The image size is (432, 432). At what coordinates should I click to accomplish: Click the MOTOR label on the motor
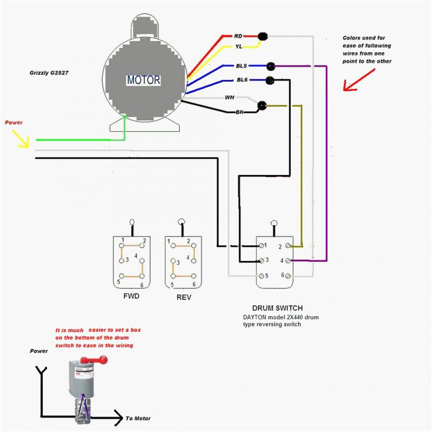pyautogui.click(x=143, y=80)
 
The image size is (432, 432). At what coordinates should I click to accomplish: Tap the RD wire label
pyautogui.click(x=238, y=36)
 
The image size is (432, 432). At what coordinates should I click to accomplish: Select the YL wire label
pyautogui.click(x=239, y=46)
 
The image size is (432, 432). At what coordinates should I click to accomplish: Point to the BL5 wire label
pyautogui.click(x=241, y=66)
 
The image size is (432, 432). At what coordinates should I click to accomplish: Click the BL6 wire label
pyautogui.click(x=242, y=79)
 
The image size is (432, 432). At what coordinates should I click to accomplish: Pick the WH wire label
pyautogui.click(x=230, y=97)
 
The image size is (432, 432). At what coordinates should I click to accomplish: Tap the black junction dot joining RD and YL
pyautogui.click(x=262, y=36)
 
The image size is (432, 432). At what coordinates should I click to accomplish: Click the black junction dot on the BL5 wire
pyautogui.click(x=271, y=66)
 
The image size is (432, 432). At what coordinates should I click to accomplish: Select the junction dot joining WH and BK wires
pyautogui.click(x=262, y=105)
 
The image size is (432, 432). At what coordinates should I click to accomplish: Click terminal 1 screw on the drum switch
pyautogui.click(x=261, y=245)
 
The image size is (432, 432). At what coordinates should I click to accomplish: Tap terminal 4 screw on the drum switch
pyautogui.click(x=288, y=260)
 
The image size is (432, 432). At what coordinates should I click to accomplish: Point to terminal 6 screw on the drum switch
pyautogui.click(x=288, y=276)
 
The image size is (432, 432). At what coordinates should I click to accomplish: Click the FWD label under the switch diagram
pyautogui.click(x=131, y=296)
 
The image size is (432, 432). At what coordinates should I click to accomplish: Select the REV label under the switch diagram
pyautogui.click(x=184, y=298)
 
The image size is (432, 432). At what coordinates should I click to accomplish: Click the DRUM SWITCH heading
pyautogui.click(x=278, y=308)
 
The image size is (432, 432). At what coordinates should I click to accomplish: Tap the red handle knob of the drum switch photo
pyautogui.click(x=104, y=360)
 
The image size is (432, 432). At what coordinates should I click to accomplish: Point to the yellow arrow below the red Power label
pyautogui.click(x=21, y=139)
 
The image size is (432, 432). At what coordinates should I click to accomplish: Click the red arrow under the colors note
pyautogui.click(x=359, y=80)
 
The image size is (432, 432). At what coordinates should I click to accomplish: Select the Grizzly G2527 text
pyautogui.click(x=49, y=73)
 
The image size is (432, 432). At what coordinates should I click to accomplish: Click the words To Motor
pyautogui.click(x=138, y=418)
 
